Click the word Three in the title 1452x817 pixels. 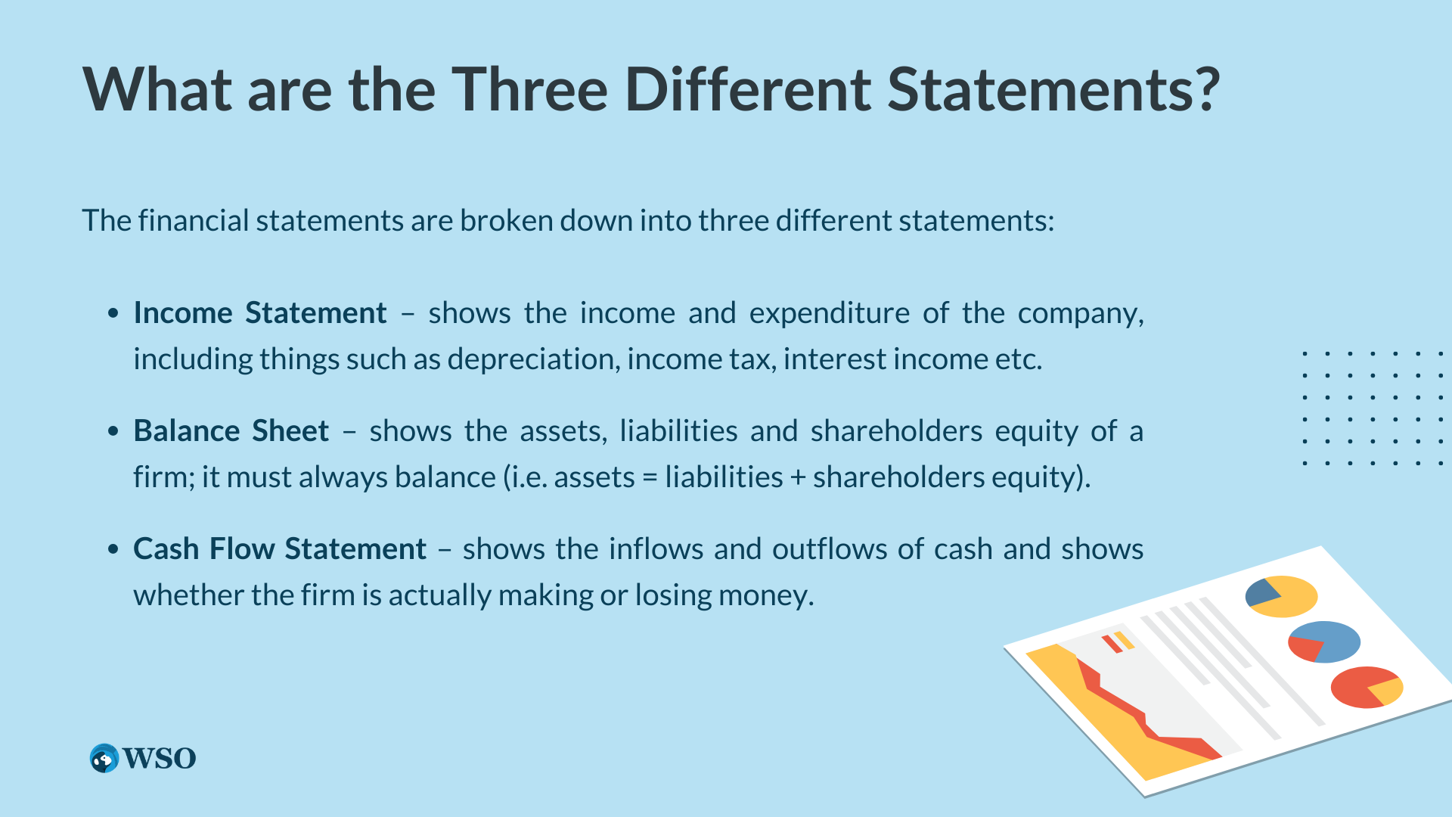(x=530, y=89)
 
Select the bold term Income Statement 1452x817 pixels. (x=260, y=312)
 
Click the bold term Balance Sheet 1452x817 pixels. (x=231, y=430)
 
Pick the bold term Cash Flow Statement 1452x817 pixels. (x=280, y=548)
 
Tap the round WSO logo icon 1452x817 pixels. (x=104, y=758)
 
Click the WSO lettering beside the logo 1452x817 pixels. (x=160, y=758)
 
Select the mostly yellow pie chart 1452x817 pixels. (x=1282, y=596)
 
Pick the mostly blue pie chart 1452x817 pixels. (x=1324, y=641)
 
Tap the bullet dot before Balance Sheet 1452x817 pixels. (x=113, y=431)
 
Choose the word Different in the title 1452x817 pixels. (x=749, y=89)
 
